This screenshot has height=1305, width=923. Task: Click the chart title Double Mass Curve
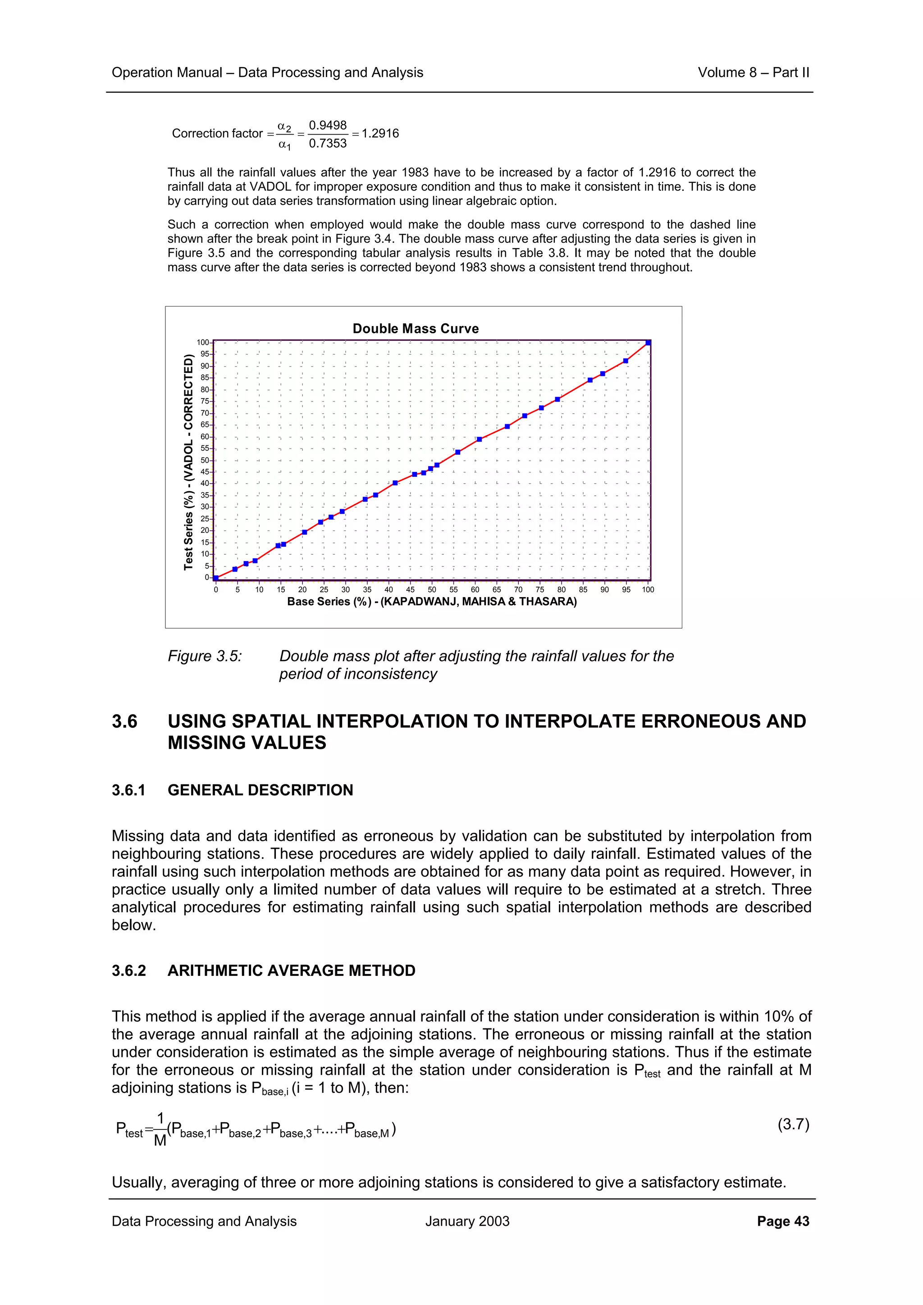pyautogui.click(x=415, y=329)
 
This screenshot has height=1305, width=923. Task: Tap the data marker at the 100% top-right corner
pyautogui.click(x=649, y=343)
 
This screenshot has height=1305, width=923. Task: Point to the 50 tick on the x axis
pyautogui.click(x=432, y=589)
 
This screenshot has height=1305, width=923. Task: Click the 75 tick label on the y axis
pyautogui.click(x=204, y=401)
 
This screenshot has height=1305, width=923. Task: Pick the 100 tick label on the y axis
pyautogui.click(x=202, y=342)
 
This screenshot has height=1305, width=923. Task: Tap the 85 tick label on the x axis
pyautogui.click(x=583, y=589)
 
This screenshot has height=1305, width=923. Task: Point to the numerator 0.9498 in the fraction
pyautogui.click(x=328, y=125)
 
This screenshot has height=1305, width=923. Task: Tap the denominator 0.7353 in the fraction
pyautogui.click(x=328, y=143)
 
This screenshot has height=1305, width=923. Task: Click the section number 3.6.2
pyautogui.click(x=128, y=970)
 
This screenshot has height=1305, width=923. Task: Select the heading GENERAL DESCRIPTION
pyautogui.click(x=260, y=790)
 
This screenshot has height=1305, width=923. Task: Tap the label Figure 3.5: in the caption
pyautogui.click(x=205, y=656)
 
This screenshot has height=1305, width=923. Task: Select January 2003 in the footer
pyautogui.click(x=467, y=1221)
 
